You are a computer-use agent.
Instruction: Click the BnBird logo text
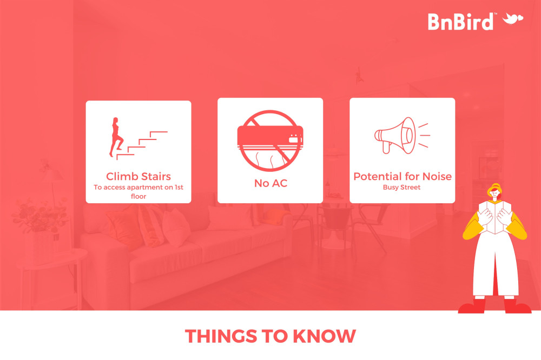click(460, 22)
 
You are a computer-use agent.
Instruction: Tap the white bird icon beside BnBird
click(513, 18)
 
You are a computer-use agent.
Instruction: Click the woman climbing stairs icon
click(138, 138)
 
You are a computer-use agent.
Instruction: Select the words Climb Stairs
click(138, 176)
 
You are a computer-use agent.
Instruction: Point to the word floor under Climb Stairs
click(138, 196)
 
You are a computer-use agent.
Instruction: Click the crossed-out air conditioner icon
click(270, 141)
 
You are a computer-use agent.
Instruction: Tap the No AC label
click(270, 183)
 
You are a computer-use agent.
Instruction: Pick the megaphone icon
click(403, 136)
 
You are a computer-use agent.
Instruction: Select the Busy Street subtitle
click(401, 187)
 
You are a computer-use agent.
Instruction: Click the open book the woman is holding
click(495, 217)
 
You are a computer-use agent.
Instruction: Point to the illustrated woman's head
click(495, 191)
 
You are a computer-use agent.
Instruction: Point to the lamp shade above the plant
click(52, 175)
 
